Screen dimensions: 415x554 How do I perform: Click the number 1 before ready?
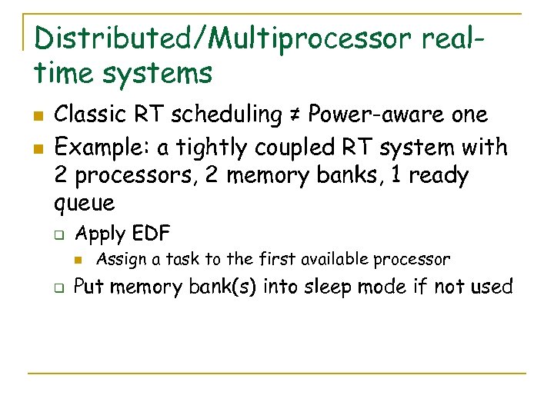tap(396, 175)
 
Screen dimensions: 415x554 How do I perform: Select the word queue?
tap(85, 204)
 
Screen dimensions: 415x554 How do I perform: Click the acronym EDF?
tap(150, 233)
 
